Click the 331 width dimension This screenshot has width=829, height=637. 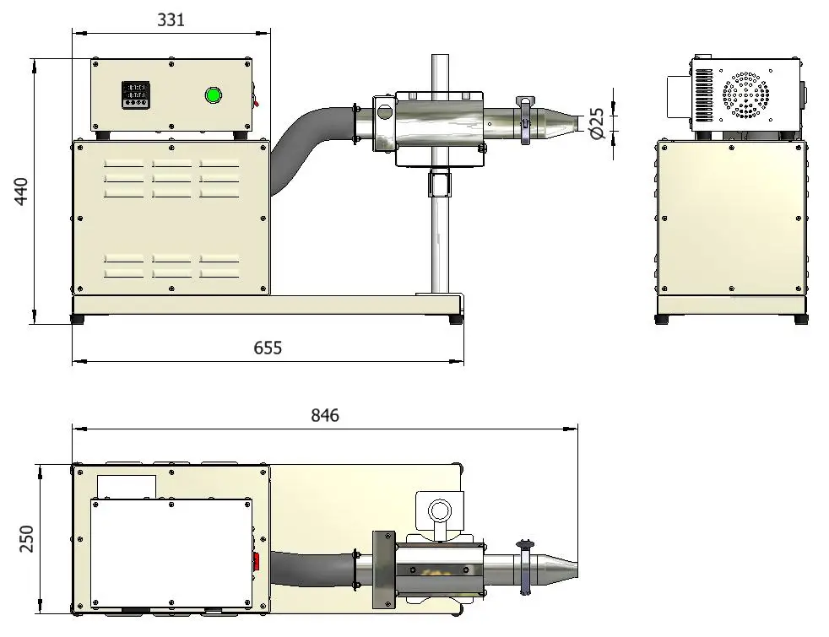click(171, 20)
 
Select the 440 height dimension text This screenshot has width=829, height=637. click(21, 192)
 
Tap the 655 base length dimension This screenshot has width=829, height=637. click(268, 348)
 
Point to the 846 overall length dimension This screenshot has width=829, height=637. click(325, 415)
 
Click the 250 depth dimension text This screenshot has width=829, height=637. click(26, 538)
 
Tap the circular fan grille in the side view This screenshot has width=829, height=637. click(745, 95)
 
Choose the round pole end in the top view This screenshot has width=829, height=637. click(438, 511)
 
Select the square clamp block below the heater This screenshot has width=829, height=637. click(440, 182)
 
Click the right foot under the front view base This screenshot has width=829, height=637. click(455, 319)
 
